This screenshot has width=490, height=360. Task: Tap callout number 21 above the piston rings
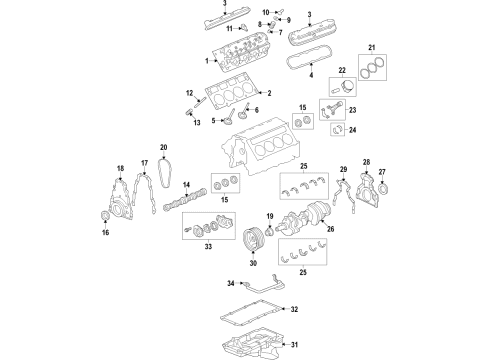tap(372, 48)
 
